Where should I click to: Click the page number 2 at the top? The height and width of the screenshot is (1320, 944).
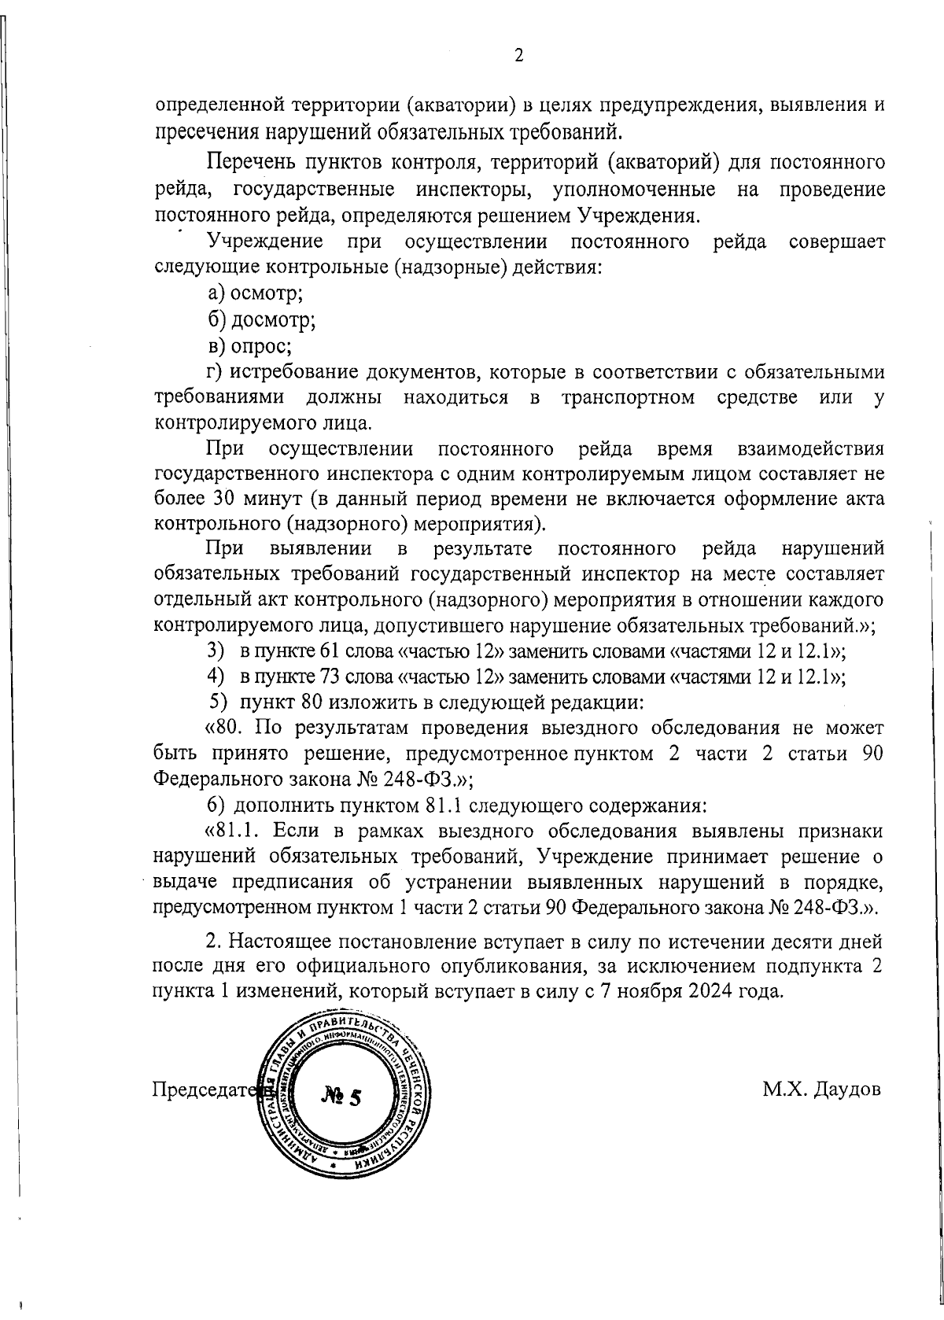coord(518,55)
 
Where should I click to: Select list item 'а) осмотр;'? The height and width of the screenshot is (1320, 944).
coord(256,293)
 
